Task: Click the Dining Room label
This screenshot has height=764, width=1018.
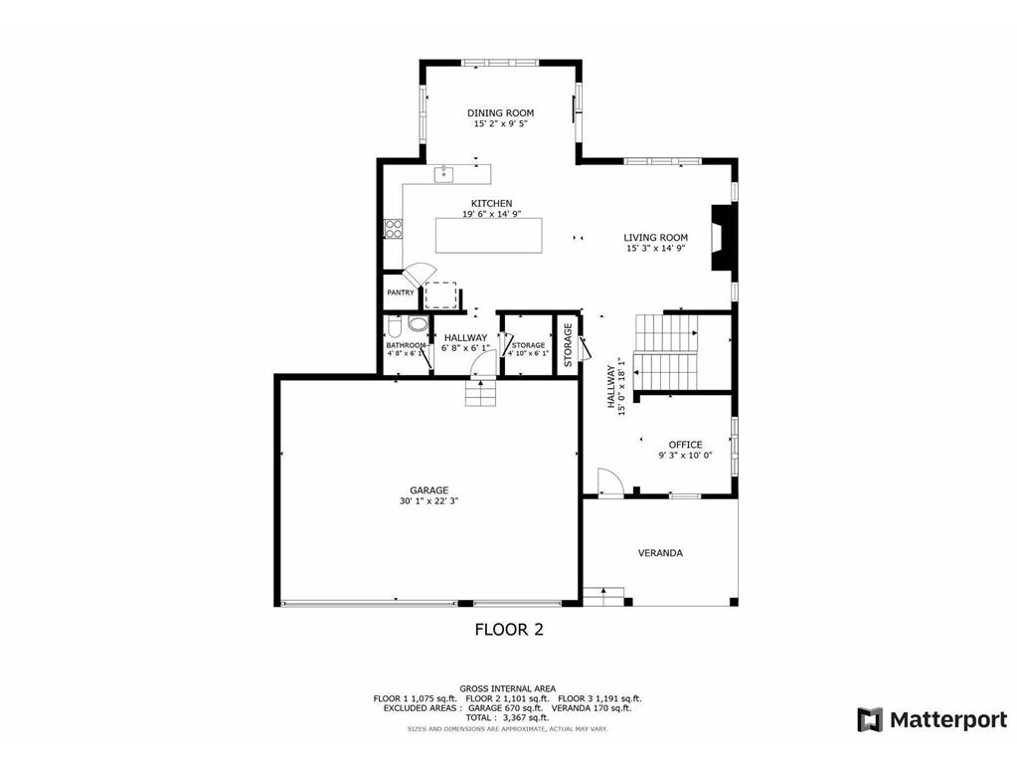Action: (500, 113)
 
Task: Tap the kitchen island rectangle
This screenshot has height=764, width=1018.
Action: (489, 235)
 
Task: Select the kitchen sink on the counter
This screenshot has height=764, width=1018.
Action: (444, 175)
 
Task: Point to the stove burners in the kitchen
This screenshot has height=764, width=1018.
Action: (394, 230)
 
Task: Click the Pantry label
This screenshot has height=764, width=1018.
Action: (401, 292)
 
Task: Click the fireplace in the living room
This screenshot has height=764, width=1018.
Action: (722, 240)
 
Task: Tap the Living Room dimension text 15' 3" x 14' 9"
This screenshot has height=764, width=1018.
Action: (655, 249)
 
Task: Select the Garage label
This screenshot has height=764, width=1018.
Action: (429, 490)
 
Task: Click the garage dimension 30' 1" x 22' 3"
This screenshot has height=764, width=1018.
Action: (429, 501)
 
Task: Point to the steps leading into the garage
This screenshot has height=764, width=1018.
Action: (481, 394)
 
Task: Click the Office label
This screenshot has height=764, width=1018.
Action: (685, 445)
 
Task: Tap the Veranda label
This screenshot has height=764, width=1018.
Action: (660, 552)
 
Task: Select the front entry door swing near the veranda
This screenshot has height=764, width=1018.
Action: (608, 481)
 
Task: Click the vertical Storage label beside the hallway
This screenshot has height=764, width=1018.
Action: (568, 345)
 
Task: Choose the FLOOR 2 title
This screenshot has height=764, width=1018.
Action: (508, 629)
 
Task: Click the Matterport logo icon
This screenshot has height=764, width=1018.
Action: (870, 719)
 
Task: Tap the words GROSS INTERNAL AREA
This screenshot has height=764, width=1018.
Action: (507, 688)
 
